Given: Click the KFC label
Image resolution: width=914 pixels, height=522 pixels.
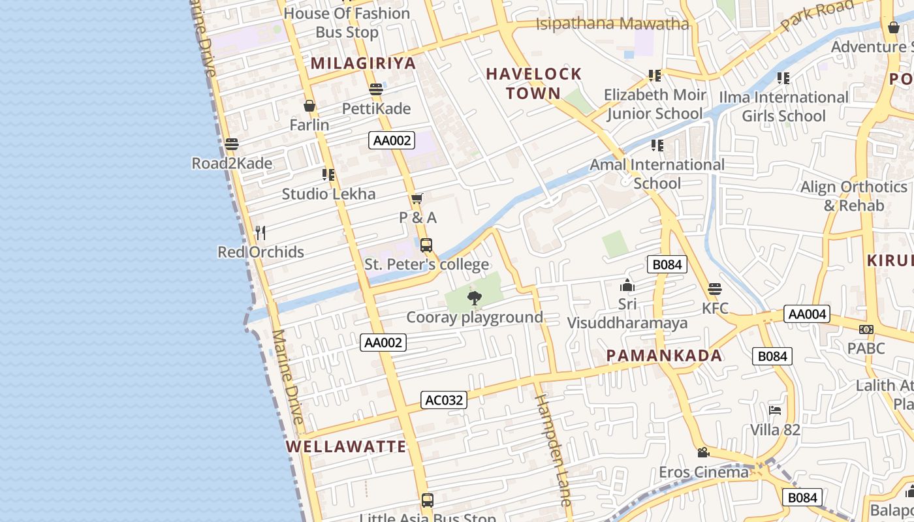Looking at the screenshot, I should [x=715, y=308].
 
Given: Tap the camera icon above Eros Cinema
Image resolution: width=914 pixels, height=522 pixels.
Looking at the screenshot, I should [x=703, y=452].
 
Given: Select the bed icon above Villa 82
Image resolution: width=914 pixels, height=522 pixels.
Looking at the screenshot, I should [x=775, y=410].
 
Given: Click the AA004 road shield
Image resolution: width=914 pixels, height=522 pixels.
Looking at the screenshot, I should [x=807, y=314].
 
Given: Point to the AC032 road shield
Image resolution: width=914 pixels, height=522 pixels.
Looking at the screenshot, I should [x=444, y=400].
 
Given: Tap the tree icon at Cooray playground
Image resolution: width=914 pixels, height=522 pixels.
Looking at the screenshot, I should [x=475, y=299].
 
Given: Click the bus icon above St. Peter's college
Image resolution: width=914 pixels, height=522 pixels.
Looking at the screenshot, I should [x=426, y=245].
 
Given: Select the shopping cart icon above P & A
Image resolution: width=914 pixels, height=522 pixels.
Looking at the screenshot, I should [x=417, y=198].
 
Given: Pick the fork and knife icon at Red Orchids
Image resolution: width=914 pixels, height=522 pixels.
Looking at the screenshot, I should [x=260, y=233].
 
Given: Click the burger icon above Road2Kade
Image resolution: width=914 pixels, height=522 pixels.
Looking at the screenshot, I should [x=231, y=144].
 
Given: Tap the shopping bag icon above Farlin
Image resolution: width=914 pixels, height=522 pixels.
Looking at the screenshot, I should [x=309, y=106].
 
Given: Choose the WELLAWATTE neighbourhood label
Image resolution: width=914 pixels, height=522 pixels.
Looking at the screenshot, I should [x=346, y=447].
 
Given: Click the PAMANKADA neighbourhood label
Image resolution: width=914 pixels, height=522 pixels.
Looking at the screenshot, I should [x=664, y=356].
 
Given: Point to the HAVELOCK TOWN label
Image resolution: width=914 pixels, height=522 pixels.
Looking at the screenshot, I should [x=533, y=84].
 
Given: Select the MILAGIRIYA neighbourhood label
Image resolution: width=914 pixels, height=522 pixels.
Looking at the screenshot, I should [x=363, y=63].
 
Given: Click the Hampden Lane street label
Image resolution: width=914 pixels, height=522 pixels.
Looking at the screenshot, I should [x=554, y=450].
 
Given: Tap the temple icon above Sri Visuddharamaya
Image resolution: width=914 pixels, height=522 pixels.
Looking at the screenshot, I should [x=627, y=285].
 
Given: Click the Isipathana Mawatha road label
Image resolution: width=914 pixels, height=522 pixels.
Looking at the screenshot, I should [x=612, y=25].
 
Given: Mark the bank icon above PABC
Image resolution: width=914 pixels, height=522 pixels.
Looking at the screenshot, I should [x=866, y=330].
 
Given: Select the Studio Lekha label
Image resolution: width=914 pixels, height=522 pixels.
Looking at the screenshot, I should [x=328, y=194].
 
